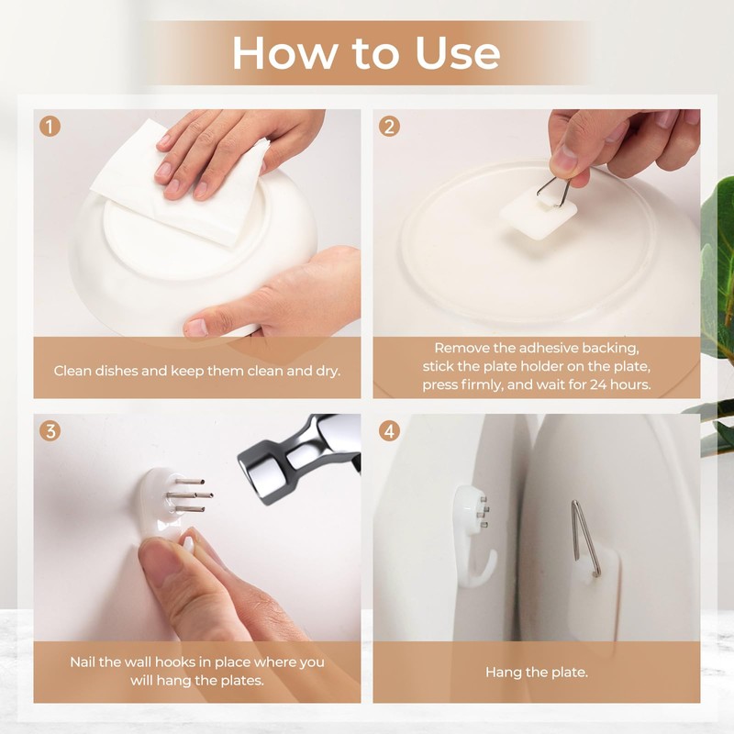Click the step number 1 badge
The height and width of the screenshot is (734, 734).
tap(50, 126)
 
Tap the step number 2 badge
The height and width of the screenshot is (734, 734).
tap(389, 126)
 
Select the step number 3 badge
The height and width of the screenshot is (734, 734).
tap(50, 430)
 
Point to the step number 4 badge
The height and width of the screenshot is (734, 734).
tap(389, 430)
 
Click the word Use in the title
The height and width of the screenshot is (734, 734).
tap(457, 52)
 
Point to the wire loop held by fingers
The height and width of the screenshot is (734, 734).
tap(553, 191)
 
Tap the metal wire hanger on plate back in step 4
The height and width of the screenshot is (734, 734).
tap(585, 539)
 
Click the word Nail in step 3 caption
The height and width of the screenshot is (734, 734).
tap(83, 662)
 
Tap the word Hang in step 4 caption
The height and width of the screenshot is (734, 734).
tap(502, 673)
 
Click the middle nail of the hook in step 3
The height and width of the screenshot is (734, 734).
tap(190, 495)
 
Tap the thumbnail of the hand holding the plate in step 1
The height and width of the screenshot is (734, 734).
tap(196, 328)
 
